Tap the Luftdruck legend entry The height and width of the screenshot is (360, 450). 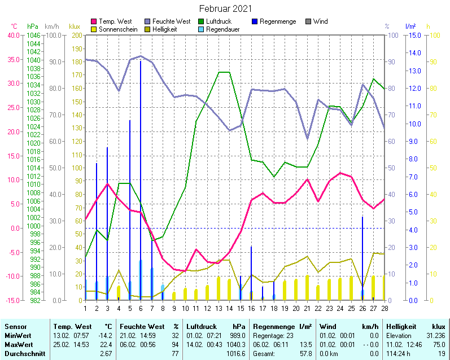[219, 21]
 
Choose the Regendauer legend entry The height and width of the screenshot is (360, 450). [222, 29]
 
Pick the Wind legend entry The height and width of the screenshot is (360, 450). [320, 21]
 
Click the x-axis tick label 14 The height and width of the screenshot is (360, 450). [229, 308]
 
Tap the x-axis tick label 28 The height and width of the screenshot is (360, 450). [385, 308]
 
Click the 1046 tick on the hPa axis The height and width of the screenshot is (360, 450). [33, 35]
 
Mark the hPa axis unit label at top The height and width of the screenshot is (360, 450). [33, 27]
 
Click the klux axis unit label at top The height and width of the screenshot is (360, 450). [75, 27]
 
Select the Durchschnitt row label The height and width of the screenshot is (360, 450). [25, 353]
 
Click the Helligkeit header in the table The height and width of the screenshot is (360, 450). [401, 326]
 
